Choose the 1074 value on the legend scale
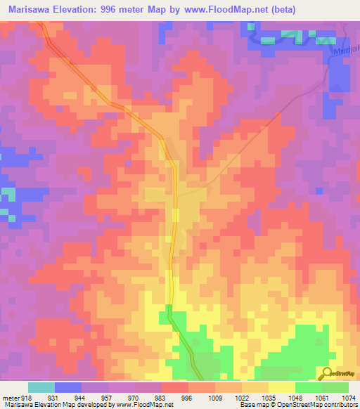tap(349, 398)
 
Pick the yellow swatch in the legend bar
tap(281, 387)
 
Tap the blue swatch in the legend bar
tap(67, 387)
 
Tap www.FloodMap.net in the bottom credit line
tap(144, 405)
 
